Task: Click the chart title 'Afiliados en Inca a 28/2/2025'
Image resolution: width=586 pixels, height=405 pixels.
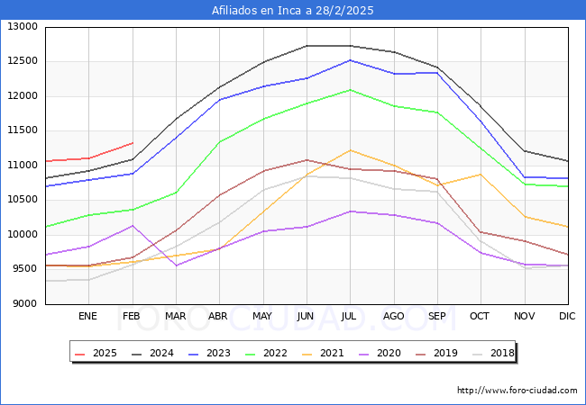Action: click(x=292, y=11)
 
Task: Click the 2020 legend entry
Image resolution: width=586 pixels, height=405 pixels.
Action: click(x=393, y=354)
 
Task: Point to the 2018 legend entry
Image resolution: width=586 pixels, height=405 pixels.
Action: click(x=501, y=354)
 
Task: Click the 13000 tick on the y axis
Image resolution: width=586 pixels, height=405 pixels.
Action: click(x=23, y=27)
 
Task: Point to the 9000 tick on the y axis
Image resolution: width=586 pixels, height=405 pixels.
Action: click(x=25, y=303)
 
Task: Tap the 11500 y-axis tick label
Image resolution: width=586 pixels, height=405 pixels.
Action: click(x=23, y=130)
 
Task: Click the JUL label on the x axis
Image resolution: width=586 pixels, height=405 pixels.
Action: click(x=349, y=316)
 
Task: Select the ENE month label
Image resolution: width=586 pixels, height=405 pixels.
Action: click(x=87, y=316)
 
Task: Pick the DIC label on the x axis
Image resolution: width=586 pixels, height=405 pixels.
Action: click(x=567, y=316)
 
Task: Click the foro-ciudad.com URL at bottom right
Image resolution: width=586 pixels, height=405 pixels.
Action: click(x=517, y=391)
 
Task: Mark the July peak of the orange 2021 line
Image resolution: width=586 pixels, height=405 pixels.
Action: click(x=350, y=150)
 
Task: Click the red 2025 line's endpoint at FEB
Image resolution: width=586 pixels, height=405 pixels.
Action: click(x=133, y=143)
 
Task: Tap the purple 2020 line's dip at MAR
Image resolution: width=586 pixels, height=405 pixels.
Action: click(x=176, y=265)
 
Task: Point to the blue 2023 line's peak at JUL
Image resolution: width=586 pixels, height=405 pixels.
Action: click(x=350, y=60)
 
